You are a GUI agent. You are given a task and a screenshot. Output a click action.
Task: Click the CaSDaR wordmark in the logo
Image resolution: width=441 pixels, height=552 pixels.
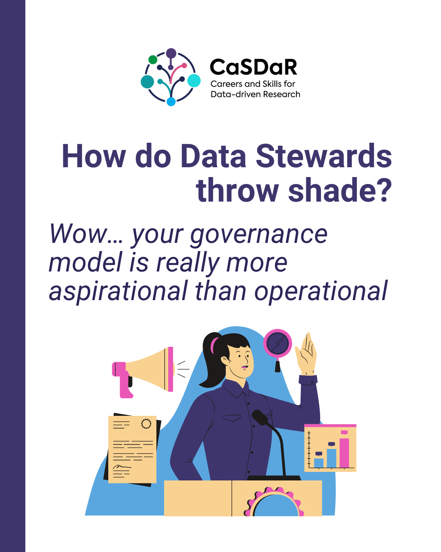coord(253,67)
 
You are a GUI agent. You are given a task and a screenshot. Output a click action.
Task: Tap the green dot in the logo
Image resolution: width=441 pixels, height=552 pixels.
coord(153,60)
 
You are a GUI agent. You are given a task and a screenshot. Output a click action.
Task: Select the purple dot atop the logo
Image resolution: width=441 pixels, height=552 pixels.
coord(171,53)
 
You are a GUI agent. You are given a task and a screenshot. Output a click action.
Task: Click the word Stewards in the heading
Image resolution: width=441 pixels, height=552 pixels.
coord(323,156)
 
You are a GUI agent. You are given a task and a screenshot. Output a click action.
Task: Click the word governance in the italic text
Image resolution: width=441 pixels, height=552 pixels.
coord(259,236)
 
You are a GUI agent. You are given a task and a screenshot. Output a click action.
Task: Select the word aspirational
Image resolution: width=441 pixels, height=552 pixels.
coord(118,291)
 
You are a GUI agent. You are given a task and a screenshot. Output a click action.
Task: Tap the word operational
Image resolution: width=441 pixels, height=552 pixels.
coord(321,291)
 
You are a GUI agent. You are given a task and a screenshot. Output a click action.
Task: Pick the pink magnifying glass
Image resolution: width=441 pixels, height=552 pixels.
coord(278,346)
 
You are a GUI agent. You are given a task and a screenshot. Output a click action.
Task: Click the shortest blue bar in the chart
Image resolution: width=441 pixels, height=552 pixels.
coord(318,463)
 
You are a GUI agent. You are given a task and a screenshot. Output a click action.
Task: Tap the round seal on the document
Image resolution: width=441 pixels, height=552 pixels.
coord(146,424)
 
